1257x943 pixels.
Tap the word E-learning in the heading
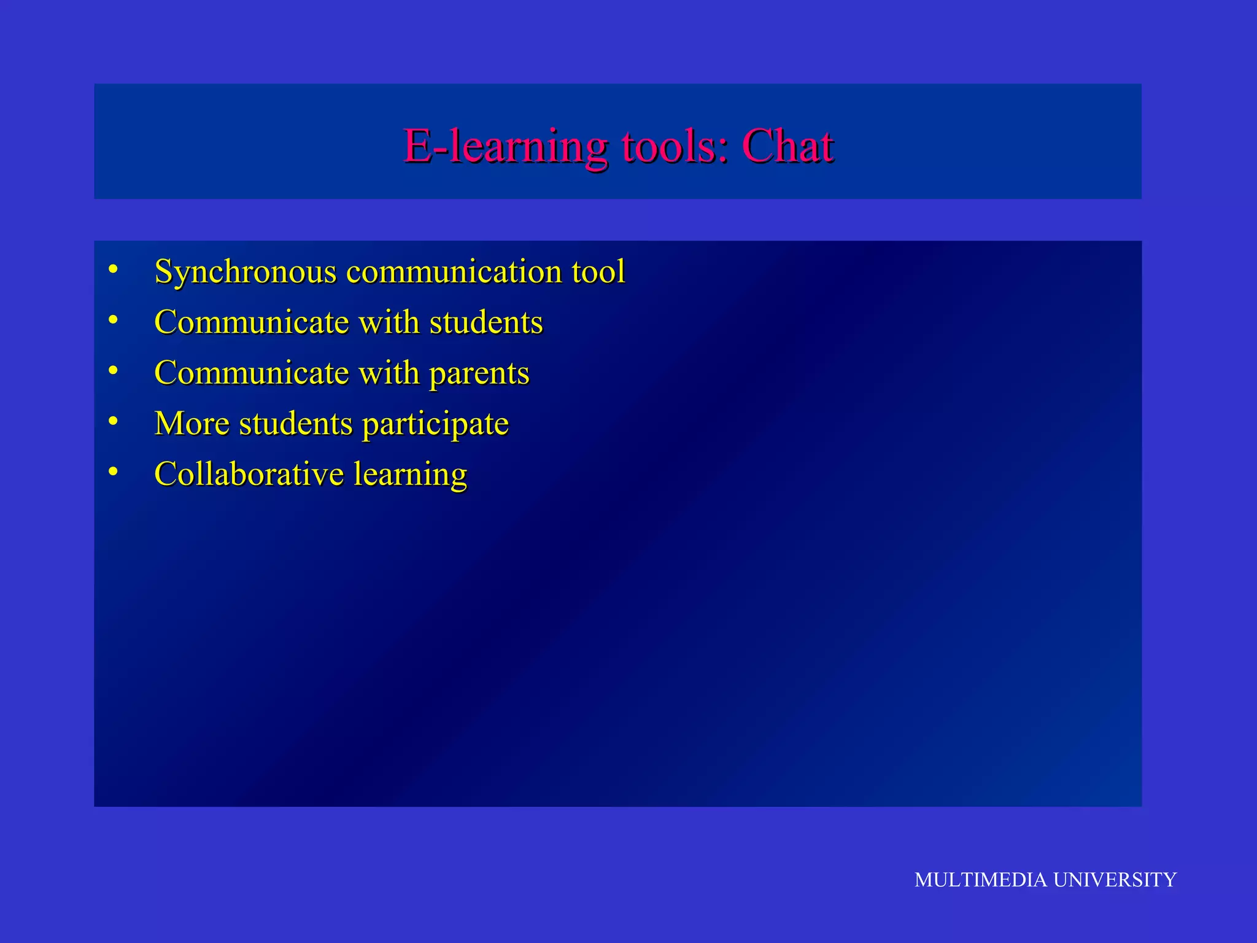pos(505,147)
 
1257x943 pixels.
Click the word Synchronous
pos(246,272)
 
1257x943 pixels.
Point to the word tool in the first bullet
pos(598,271)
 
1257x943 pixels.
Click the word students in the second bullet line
pos(486,322)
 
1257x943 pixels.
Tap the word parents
pos(479,373)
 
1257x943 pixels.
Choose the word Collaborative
pos(249,474)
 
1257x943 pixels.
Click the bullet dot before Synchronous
pos(112,269)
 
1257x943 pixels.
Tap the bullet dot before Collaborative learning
pos(112,471)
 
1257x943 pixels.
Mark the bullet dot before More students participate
pos(112,421)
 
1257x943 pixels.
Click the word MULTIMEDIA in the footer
pos(980,880)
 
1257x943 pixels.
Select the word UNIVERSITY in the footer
pos(1115,880)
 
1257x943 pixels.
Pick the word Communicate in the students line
pos(252,322)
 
